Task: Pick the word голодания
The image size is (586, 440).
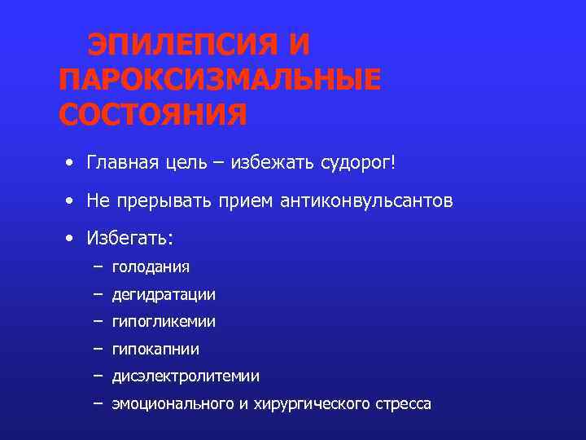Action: click(x=151, y=266)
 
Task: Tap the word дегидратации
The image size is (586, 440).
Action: click(x=164, y=294)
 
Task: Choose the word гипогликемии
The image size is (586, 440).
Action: click(x=164, y=322)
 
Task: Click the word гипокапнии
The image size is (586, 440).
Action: click(x=155, y=350)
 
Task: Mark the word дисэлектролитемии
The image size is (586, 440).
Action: click(x=186, y=376)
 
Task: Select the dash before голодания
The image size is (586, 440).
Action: click(x=98, y=266)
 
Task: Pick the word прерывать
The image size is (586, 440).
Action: click(x=164, y=201)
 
